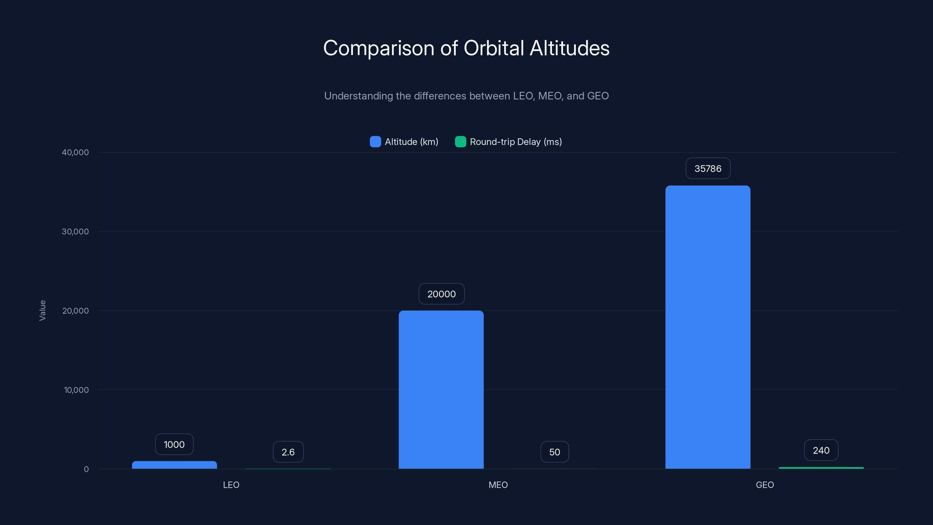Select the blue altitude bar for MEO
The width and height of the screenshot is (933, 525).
441,389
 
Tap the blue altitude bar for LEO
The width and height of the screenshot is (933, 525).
174,465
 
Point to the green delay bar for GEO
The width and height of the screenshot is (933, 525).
821,468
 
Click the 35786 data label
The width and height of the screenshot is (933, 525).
708,169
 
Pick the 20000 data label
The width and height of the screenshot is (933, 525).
441,294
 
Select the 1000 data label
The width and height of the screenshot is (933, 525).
174,444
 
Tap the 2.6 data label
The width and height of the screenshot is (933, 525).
288,452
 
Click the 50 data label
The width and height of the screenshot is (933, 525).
555,452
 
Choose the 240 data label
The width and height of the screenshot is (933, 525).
821,450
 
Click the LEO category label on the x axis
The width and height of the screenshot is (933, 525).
231,485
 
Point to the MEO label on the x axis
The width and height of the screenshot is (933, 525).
498,485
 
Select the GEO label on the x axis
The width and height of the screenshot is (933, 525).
764,485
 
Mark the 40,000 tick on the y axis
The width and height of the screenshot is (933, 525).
75,152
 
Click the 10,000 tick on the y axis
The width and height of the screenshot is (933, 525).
76,390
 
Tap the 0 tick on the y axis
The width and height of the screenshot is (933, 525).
86,469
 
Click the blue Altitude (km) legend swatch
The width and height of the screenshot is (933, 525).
375,142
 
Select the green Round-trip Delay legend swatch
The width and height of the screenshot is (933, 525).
460,142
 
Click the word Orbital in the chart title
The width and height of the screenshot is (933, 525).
494,48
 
